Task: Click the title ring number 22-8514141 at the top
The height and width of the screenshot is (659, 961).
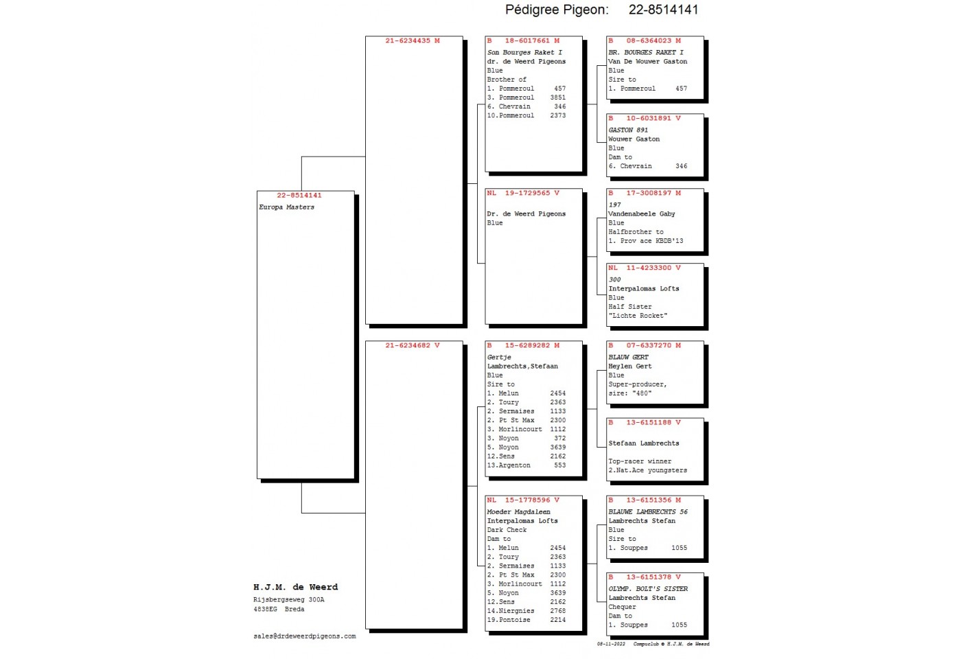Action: [663, 10]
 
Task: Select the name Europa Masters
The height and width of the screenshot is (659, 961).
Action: [287, 207]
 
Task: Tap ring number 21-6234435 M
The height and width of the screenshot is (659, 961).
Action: [413, 41]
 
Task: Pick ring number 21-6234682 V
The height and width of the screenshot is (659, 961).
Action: [413, 345]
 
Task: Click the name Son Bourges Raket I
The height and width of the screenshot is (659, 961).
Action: [524, 52]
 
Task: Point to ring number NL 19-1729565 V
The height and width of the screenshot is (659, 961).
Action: [523, 193]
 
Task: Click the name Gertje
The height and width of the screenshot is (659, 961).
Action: [499, 358]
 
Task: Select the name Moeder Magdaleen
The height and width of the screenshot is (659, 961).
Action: [518, 512]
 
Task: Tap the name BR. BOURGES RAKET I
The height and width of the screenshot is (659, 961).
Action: [646, 52]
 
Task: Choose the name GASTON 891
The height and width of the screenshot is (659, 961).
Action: [628, 130]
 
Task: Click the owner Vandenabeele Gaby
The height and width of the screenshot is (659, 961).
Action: [641, 213]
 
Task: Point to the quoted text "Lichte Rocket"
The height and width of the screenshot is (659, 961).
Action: [638, 316]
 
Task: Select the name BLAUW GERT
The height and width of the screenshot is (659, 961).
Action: [628, 358]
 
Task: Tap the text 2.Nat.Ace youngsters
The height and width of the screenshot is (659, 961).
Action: [647, 470]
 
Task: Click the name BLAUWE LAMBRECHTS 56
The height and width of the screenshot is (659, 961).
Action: [648, 512]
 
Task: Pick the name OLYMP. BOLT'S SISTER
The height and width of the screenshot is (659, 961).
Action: [648, 589]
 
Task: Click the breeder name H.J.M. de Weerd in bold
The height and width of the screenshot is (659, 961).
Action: [296, 587]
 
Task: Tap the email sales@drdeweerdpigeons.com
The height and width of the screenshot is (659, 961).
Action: [305, 636]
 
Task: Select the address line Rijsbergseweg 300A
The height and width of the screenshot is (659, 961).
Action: [289, 600]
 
